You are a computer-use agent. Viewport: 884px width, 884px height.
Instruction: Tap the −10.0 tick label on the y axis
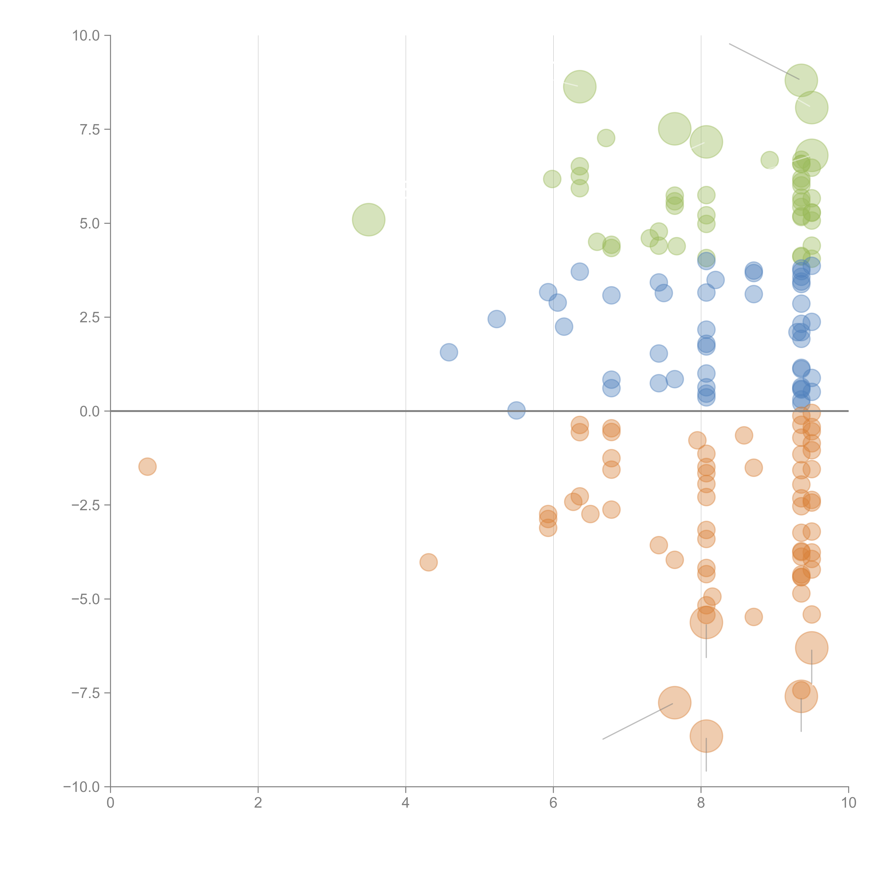tap(82, 787)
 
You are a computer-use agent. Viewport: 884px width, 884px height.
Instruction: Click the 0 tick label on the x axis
tap(110, 803)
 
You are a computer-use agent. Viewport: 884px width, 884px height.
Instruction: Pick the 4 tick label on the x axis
tap(405, 803)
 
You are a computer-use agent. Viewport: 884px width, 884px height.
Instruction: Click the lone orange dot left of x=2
tap(147, 467)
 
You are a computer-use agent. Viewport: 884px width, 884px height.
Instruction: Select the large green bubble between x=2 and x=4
tap(368, 220)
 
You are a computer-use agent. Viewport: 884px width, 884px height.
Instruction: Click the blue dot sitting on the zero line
tap(516, 410)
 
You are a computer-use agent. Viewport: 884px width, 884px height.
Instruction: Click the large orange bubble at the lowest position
tap(706, 736)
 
